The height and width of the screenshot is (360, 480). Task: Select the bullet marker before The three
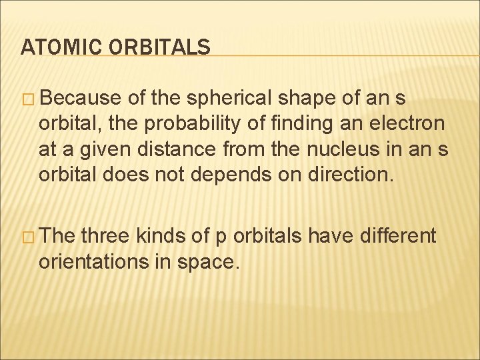[x=30, y=236]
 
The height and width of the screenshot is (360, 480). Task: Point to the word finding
[x=279, y=124]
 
